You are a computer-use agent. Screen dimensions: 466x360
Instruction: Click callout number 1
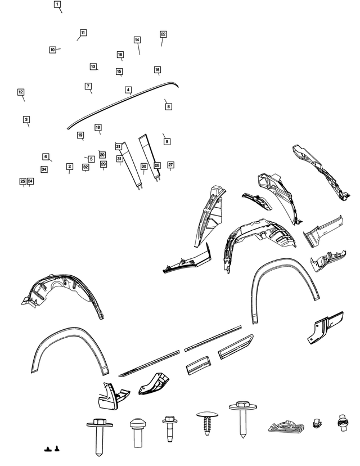point(57,4)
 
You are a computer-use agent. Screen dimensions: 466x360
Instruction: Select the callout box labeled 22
point(163,34)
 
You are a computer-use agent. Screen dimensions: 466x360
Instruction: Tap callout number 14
point(137,39)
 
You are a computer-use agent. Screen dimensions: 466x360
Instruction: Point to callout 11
point(83,33)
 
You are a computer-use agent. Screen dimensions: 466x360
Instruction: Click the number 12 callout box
point(21,92)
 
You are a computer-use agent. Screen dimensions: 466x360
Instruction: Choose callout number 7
point(88,86)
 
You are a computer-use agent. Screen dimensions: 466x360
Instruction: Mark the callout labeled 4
point(128,89)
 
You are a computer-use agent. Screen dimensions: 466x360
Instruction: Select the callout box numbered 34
point(44,169)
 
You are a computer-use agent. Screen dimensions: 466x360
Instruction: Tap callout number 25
point(22,181)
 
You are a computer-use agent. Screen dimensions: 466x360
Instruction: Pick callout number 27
point(170,164)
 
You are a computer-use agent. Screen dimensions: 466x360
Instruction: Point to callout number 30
point(144,167)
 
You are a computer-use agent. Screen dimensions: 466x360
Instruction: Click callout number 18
point(98,127)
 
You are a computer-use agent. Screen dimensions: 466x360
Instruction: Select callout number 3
point(26,119)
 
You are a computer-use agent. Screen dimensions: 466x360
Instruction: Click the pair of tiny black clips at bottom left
point(51,449)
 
